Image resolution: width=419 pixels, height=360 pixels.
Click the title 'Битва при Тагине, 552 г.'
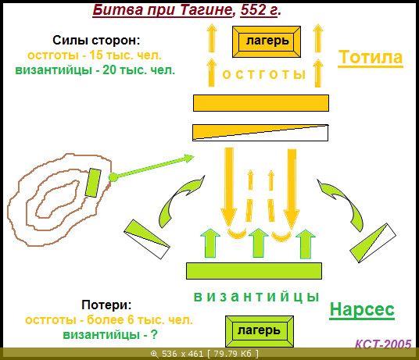(187, 10)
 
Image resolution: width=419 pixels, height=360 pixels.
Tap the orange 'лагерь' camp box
(267, 41)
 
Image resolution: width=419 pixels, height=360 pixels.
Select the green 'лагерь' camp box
(260, 331)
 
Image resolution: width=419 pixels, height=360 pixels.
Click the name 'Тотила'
(371, 57)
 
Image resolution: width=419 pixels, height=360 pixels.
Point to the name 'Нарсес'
(362, 309)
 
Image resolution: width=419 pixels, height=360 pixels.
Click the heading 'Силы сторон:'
(96, 41)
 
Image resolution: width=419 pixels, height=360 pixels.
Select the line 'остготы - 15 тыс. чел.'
(95, 55)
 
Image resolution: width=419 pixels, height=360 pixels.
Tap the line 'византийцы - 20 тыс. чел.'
(95, 70)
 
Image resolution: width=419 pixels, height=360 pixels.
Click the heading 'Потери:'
(106, 305)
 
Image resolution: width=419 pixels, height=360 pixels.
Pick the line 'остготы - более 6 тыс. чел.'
(109, 319)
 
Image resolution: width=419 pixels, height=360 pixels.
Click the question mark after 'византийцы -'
(154, 334)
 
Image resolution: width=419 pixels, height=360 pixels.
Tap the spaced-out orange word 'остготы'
(263, 74)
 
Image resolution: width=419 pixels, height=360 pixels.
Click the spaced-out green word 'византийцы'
(256, 297)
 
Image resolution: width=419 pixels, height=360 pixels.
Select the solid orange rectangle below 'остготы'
(261, 103)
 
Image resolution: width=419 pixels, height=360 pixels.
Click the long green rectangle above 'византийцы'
(254, 271)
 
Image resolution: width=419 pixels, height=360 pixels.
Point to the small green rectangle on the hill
(93, 183)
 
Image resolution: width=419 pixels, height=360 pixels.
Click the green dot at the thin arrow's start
(113, 177)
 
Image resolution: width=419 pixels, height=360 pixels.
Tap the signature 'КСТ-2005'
(383, 344)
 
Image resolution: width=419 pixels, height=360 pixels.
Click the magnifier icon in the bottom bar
(154, 354)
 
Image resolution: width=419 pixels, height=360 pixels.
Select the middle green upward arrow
(259, 243)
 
